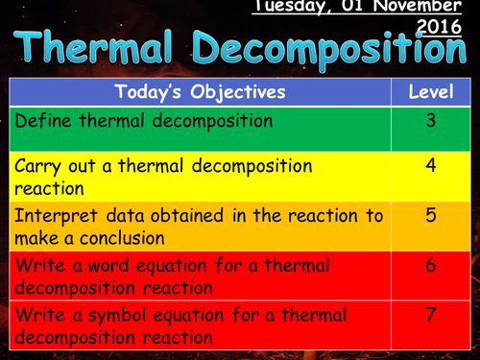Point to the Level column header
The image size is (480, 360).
coord(430,92)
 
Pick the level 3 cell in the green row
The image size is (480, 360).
coord(430,121)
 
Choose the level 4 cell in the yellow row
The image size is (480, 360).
coord(430,165)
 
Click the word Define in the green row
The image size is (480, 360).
coord(41,122)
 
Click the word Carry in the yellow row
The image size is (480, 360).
coord(38,165)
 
